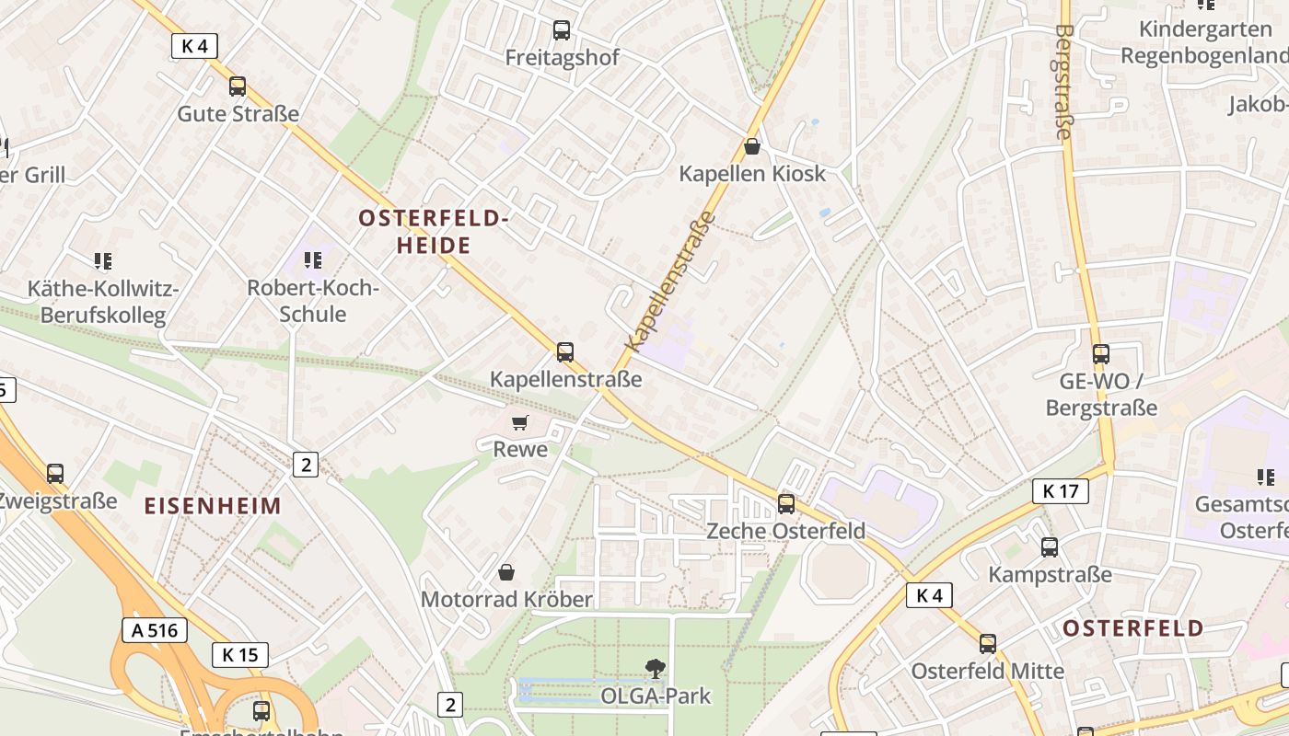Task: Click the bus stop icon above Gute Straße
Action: click(238, 86)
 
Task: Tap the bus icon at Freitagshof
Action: click(562, 30)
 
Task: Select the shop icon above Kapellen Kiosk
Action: click(752, 146)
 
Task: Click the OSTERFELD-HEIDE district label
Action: click(434, 232)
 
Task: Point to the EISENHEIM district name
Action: click(213, 505)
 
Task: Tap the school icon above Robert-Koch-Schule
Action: click(313, 260)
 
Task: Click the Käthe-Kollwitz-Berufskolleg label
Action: click(103, 302)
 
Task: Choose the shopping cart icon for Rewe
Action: click(520, 422)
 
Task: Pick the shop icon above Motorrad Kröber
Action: click(505, 572)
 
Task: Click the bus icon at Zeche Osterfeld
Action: click(785, 503)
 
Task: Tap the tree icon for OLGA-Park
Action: click(656, 669)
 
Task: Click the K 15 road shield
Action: click(240, 655)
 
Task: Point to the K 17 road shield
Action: click(1060, 491)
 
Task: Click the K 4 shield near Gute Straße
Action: click(194, 46)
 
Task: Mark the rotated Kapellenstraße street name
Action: click(669, 282)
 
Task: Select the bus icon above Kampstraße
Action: click(1050, 547)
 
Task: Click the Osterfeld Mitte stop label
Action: click(987, 671)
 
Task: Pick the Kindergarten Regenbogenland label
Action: click(1202, 42)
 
